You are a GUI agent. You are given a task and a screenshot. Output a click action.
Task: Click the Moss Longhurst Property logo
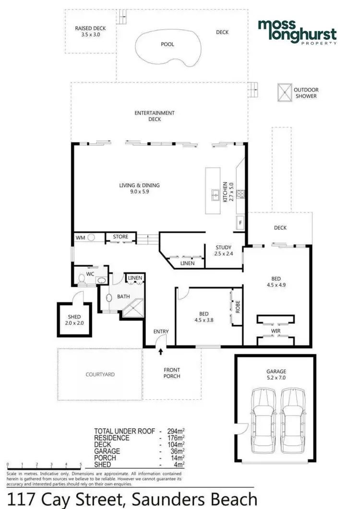point(297,32)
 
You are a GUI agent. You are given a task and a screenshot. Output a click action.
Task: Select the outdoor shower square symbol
point(285,93)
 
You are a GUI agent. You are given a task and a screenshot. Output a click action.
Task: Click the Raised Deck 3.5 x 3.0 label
point(90,32)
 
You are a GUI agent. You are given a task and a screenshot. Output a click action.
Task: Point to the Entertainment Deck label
point(155,116)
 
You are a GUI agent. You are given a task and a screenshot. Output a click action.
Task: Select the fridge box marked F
point(240,223)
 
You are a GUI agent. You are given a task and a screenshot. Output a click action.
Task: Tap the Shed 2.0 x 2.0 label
point(74,320)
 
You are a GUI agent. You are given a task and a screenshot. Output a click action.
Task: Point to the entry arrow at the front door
point(161,353)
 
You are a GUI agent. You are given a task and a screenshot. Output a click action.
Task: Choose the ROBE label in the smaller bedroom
point(237,307)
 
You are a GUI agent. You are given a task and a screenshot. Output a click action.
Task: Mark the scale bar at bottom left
point(44,464)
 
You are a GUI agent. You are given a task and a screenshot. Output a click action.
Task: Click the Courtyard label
point(100,374)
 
